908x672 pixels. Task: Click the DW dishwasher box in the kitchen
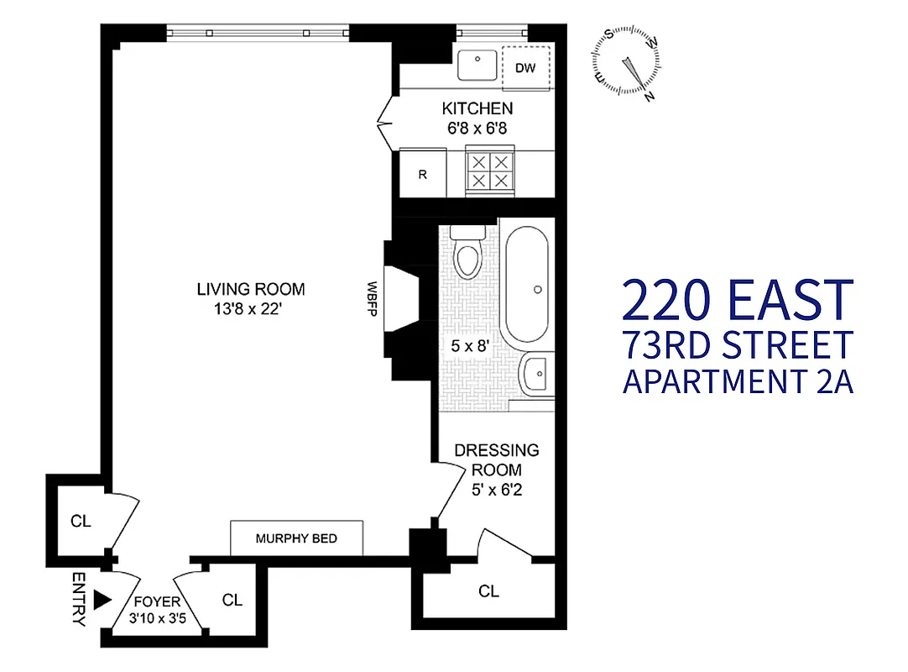click(x=526, y=66)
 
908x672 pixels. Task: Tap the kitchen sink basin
click(x=479, y=63)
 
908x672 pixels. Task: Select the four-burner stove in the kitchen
click(x=489, y=171)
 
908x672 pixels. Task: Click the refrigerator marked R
click(x=423, y=175)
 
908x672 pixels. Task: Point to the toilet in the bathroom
click(x=466, y=254)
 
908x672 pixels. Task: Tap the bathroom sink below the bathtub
click(x=533, y=371)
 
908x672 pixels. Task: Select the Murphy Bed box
click(x=296, y=538)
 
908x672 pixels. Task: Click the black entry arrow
click(x=102, y=599)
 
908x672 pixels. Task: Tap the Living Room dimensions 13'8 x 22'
click(x=250, y=308)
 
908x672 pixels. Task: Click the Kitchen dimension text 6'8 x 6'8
click(x=477, y=129)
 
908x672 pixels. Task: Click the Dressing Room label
click(x=497, y=460)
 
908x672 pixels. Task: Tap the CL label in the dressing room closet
click(x=488, y=591)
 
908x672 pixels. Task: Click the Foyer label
click(x=157, y=602)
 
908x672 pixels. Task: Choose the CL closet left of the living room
click(x=81, y=522)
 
